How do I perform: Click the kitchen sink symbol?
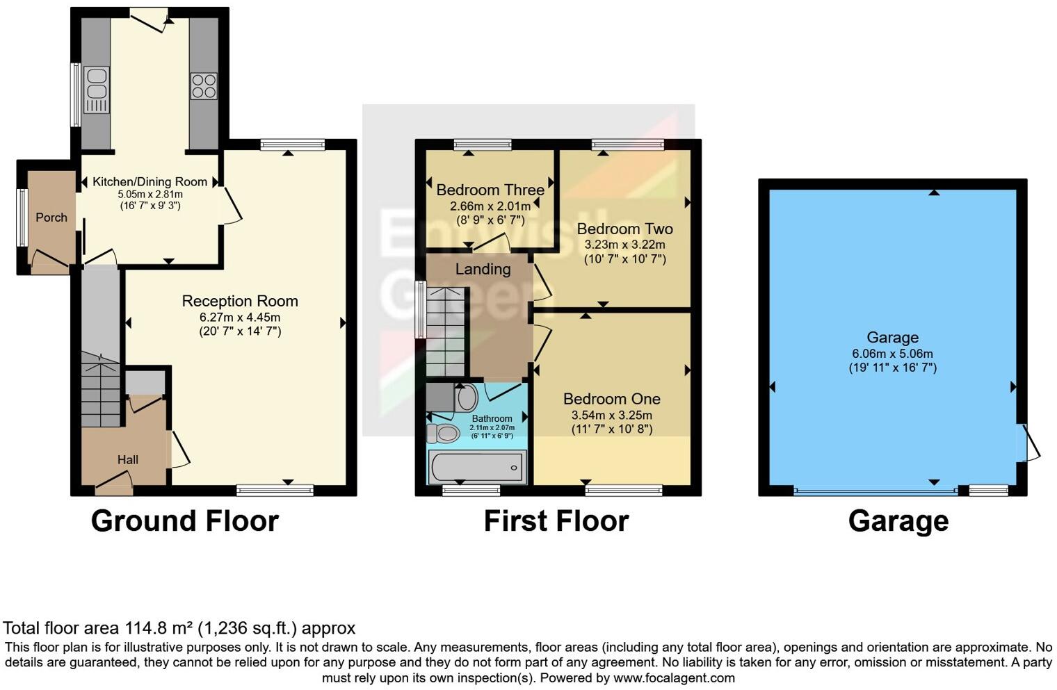pyautogui.click(x=97, y=89)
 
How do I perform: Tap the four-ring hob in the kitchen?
pyautogui.click(x=203, y=86)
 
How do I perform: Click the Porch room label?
pyautogui.click(x=51, y=217)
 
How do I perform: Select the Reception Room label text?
pyautogui.click(x=240, y=301)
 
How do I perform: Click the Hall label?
pyautogui.click(x=127, y=459)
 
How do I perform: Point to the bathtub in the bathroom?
pyautogui.click(x=477, y=466)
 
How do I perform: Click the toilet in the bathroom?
pyautogui.click(x=444, y=434)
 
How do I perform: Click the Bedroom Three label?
pyautogui.click(x=490, y=190)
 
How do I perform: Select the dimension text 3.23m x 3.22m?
pyautogui.click(x=624, y=245)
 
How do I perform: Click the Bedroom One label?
pyautogui.click(x=611, y=399)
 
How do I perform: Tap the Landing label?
pyautogui.click(x=483, y=269)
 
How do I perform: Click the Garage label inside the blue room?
pyautogui.click(x=892, y=338)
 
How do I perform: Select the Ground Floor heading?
pyautogui.click(x=184, y=521)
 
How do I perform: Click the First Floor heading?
pyautogui.click(x=556, y=521)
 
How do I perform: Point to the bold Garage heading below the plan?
pyautogui.click(x=898, y=521)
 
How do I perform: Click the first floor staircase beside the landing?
pyautogui.click(x=444, y=332)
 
